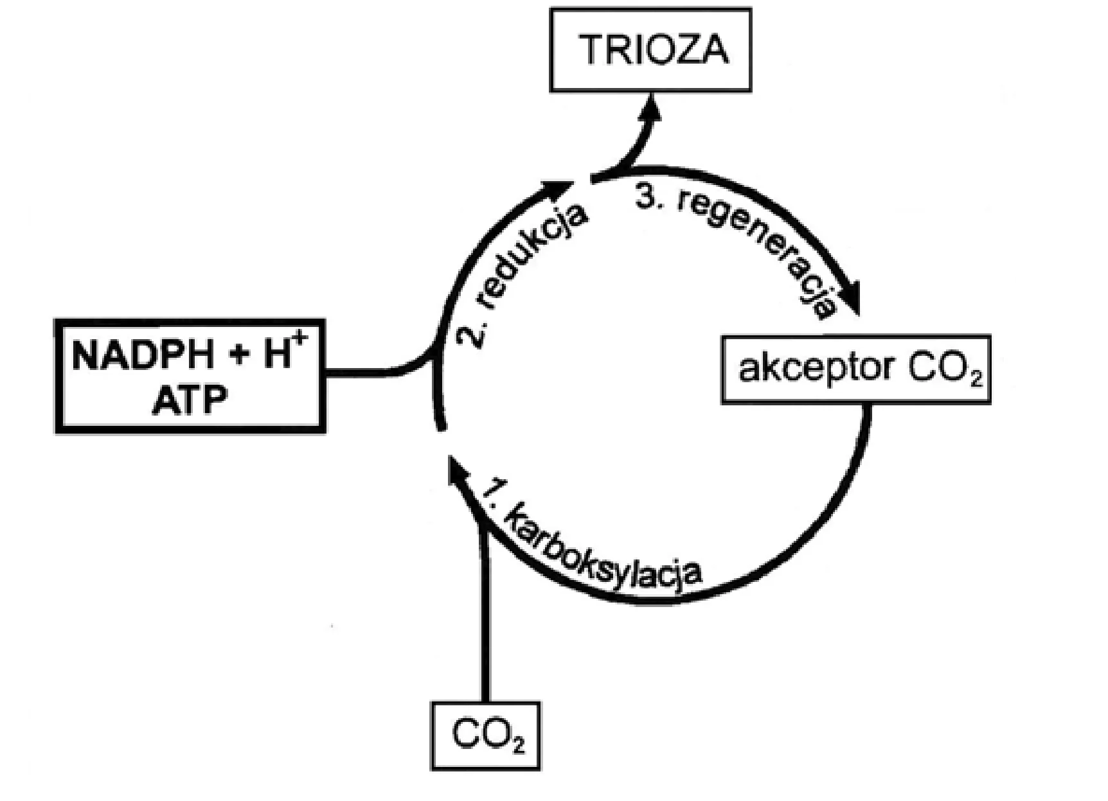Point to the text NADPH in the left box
pos(142,355)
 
